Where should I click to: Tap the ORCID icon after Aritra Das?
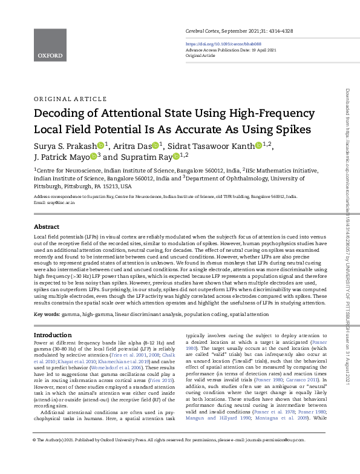(x=155, y=145)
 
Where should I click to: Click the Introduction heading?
(x=52, y=335)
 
